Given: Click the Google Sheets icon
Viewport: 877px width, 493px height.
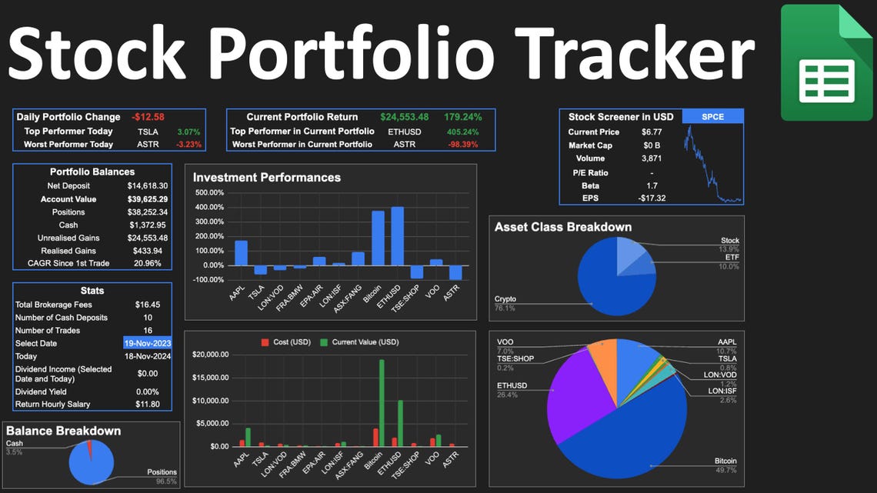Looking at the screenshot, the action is tap(827, 62).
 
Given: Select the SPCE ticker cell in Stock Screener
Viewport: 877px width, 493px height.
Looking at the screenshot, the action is tap(712, 116).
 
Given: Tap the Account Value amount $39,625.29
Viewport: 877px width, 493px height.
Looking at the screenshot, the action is tap(148, 199).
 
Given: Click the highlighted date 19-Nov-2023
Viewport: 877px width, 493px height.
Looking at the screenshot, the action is tap(148, 343).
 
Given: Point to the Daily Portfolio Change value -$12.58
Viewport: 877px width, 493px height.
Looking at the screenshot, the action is tap(148, 117).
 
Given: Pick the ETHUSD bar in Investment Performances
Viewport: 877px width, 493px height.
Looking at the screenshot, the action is tap(398, 236).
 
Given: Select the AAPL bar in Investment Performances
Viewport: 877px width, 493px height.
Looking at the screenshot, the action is tap(241, 252).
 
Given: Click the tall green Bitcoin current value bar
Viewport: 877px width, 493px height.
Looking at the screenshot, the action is tap(382, 403).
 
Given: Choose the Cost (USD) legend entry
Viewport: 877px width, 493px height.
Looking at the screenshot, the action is tap(286, 342).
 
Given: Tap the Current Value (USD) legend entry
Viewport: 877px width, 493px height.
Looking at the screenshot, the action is tap(359, 342).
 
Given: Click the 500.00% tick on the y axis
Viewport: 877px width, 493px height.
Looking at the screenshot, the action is tap(209, 193).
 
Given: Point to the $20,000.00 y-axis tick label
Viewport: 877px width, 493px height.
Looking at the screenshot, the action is tap(210, 355).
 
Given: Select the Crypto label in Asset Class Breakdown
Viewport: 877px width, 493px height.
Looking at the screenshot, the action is tap(505, 299).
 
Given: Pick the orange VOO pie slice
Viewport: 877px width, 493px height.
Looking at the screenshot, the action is tap(604, 363).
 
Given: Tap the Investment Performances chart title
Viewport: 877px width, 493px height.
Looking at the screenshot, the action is tap(267, 178).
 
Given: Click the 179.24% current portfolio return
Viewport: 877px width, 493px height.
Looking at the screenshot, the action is tap(462, 117).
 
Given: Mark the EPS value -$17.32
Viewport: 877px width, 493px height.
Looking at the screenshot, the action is tap(652, 198).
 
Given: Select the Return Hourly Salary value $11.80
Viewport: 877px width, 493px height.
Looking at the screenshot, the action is tap(148, 404).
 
